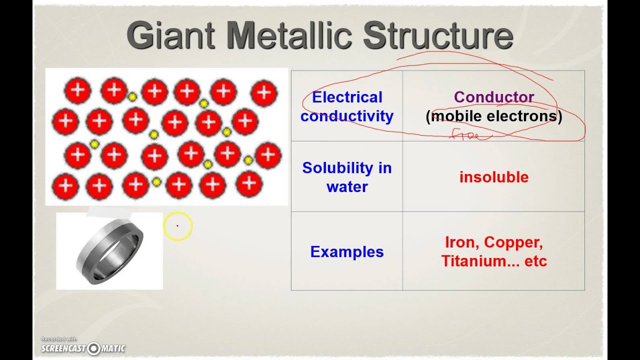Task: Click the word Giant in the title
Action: [170, 36]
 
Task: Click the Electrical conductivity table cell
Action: [347, 106]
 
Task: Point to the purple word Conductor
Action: [494, 97]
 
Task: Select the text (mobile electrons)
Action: [494, 116]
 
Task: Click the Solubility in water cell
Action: [347, 177]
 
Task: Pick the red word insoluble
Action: [494, 177]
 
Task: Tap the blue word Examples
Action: [347, 251]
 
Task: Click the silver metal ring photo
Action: [109, 251]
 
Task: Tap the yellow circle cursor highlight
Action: [177, 226]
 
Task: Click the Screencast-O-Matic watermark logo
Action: [83, 348]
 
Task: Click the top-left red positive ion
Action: [77, 90]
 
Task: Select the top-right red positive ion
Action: [264, 92]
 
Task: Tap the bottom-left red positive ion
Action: [65, 186]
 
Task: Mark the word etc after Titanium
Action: [535, 261]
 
